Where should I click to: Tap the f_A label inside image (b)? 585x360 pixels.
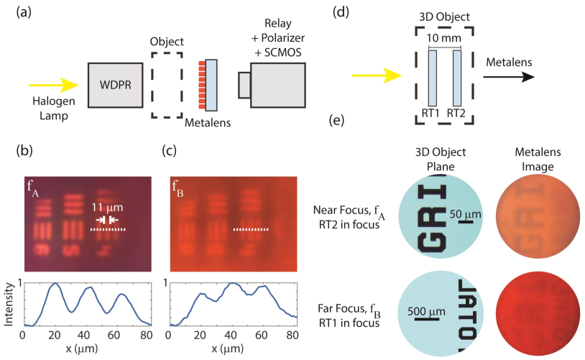(x=34, y=188)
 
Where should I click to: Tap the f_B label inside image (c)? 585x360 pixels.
(x=178, y=188)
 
